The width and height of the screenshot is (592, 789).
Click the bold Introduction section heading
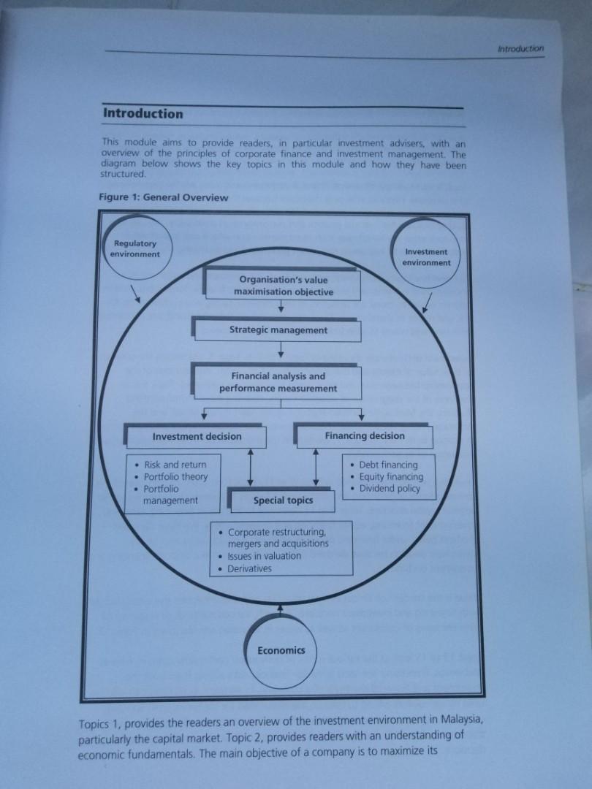(143, 114)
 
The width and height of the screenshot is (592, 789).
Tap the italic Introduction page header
(520, 48)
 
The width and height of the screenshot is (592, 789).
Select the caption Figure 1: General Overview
(162, 197)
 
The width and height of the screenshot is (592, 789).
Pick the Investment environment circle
(426, 256)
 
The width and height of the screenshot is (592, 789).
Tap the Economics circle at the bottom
(281, 650)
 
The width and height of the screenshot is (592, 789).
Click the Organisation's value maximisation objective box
(283, 286)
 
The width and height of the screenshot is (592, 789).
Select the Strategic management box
(278, 330)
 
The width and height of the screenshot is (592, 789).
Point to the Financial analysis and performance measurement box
(278, 382)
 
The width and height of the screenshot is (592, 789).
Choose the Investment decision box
(197, 436)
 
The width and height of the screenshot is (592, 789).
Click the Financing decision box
(364, 436)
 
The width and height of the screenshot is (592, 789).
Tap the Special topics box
(283, 500)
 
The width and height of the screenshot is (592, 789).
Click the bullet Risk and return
(175, 465)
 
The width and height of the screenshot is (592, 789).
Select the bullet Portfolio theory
(175, 476)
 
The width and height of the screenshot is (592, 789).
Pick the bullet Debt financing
(388, 465)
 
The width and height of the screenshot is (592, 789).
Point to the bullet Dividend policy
(390, 489)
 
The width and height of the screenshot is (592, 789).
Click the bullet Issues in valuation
(264, 556)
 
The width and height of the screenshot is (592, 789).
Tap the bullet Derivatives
(249, 568)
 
